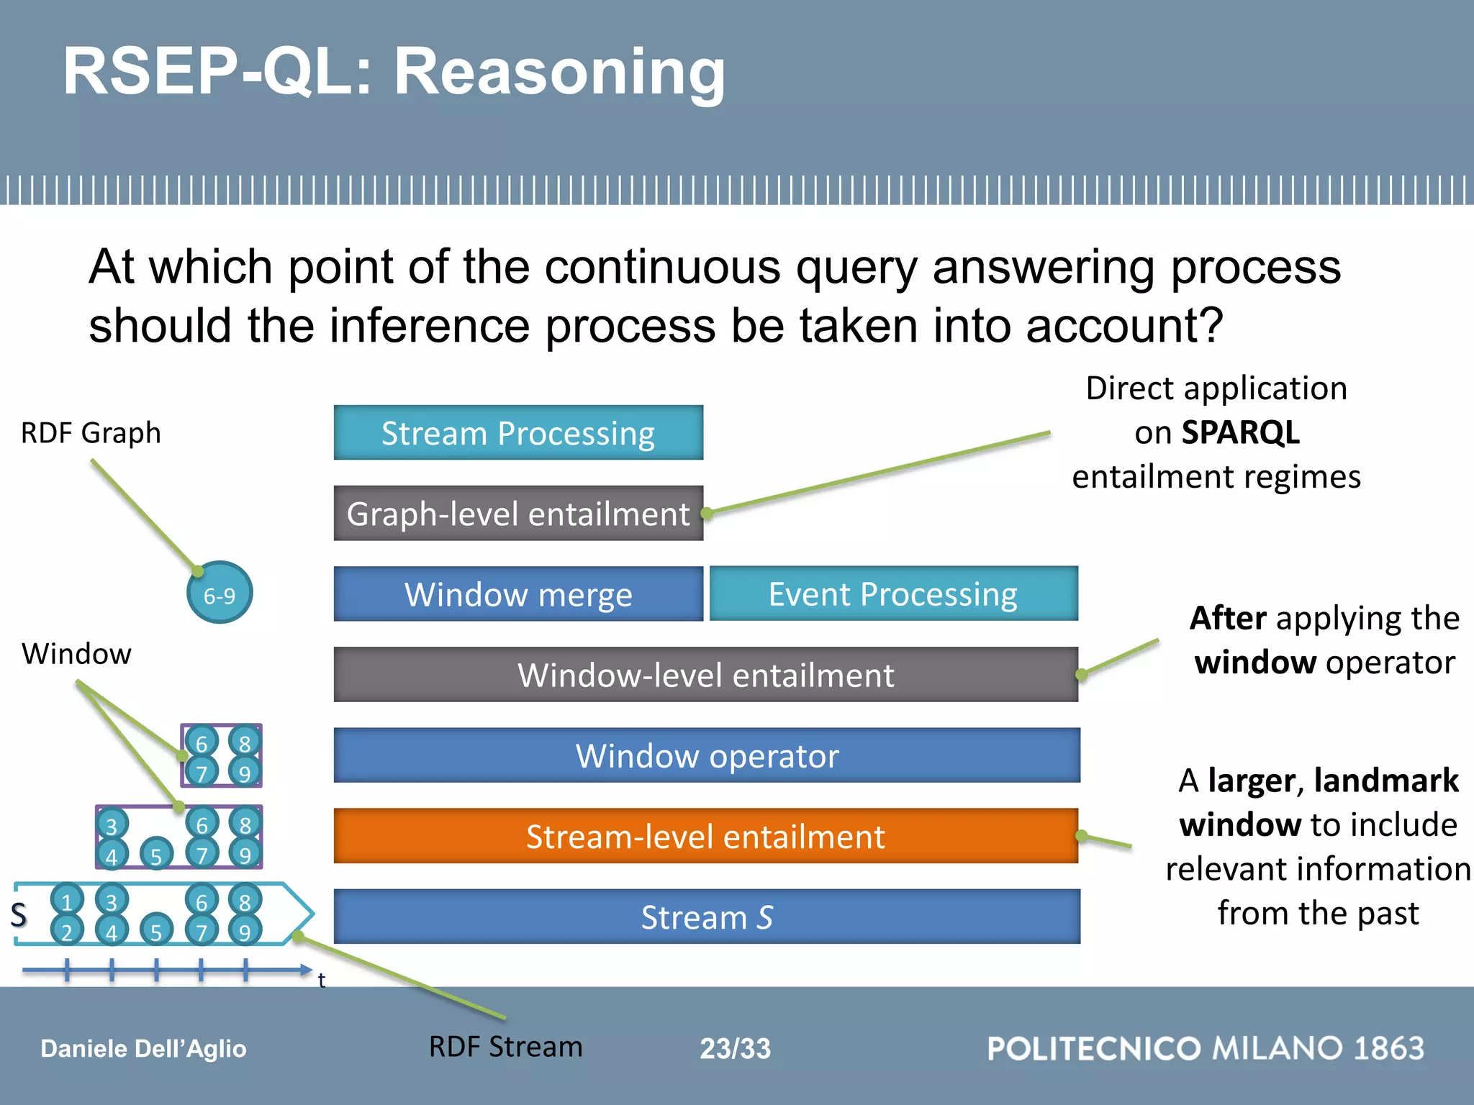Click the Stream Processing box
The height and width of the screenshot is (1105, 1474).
click(x=518, y=432)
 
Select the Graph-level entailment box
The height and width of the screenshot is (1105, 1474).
click(x=518, y=514)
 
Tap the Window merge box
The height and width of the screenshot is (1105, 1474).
click(x=518, y=594)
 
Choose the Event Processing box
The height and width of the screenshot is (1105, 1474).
click(x=893, y=594)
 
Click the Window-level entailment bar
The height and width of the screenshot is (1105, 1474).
click(x=705, y=675)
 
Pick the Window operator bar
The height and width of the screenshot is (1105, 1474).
click(x=707, y=755)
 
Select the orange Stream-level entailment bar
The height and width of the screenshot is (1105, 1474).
click(x=705, y=836)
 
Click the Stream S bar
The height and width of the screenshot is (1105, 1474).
click(x=707, y=917)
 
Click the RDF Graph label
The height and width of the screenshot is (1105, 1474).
click(x=91, y=433)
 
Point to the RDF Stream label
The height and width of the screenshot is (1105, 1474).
click(x=505, y=1047)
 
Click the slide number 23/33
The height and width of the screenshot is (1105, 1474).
click(x=735, y=1048)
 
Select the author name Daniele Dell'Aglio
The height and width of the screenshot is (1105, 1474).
click(x=143, y=1049)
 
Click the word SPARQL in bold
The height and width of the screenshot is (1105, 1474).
click(x=1240, y=432)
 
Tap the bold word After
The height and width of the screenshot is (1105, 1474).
click(x=1228, y=618)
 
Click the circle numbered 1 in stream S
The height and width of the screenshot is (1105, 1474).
click(x=67, y=901)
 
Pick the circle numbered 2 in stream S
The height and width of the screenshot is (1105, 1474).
click(x=67, y=931)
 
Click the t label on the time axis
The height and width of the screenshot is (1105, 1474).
click(x=322, y=980)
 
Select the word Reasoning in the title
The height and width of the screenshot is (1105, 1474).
click(x=560, y=72)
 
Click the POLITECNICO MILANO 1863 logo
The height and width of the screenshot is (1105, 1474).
click(x=1206, y=1048)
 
